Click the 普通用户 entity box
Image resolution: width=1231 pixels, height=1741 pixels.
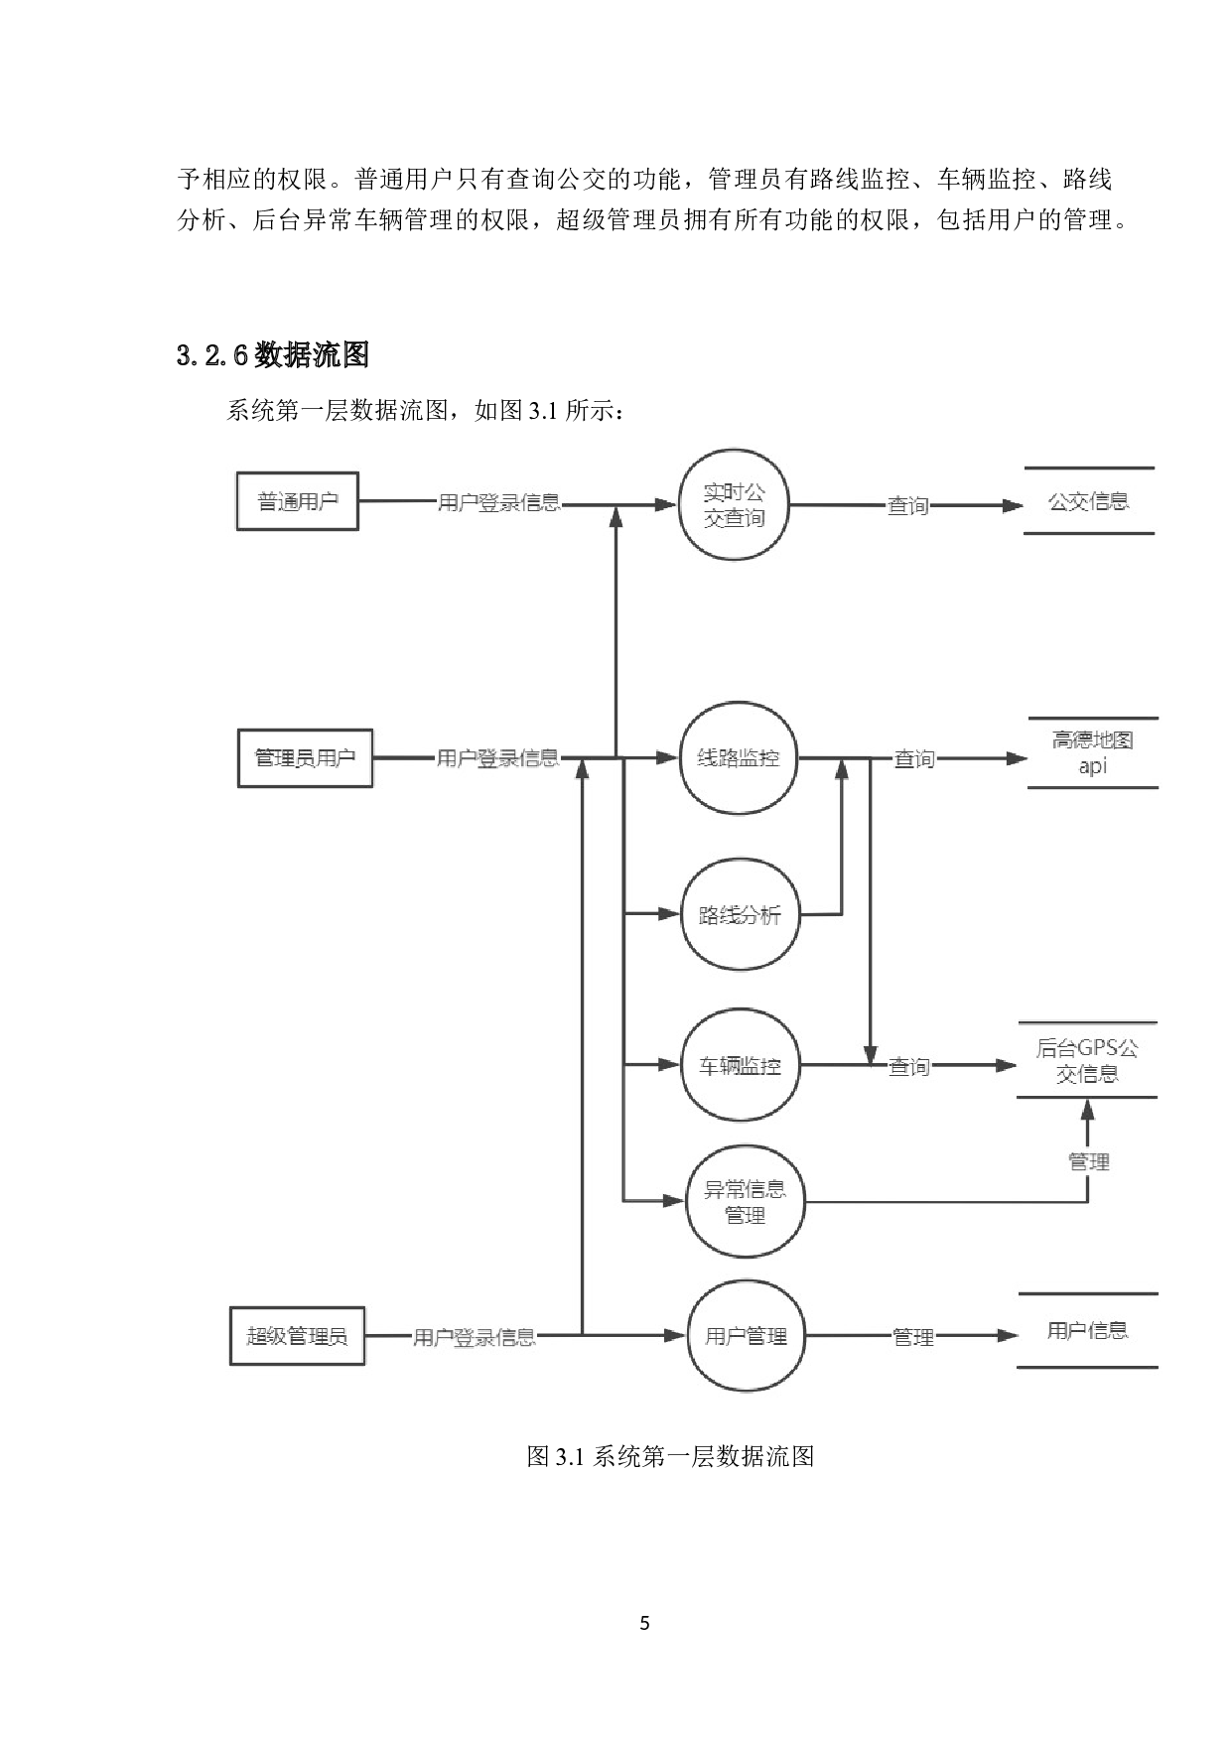tap(297, 501)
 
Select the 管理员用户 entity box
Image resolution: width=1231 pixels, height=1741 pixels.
tap(305, 758)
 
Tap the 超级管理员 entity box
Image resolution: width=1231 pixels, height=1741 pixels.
tap(297, 1336)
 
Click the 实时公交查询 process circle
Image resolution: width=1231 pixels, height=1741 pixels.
tap(734, 505)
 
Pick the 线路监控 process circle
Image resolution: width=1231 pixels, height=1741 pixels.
tap(739, 758)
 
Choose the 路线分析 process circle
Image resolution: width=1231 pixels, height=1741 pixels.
tap(740, 914)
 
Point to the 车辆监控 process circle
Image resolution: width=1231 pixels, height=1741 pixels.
tap(740, 1066)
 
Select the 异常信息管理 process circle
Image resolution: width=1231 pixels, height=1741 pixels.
tap(745, 1202)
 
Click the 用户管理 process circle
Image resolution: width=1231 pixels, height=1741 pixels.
tap(746, 1336)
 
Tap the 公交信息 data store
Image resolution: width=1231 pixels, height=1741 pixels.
tap(1089, 501)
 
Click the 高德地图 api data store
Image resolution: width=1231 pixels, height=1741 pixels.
tap(1092, 753)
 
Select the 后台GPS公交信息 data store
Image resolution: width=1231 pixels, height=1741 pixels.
tap(1087, 1060)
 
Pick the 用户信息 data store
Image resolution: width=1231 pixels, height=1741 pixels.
tap(1087, 1331)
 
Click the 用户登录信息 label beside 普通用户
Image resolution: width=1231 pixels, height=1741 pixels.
tap(499, 502)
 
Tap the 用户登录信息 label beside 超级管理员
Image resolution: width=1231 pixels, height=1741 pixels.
tap(475, 1337)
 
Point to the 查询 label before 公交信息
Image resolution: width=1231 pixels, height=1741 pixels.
tap(907, 506)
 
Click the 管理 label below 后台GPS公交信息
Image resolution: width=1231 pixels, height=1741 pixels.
tap(1088, 1161)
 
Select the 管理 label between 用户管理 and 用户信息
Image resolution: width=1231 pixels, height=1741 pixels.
tap(913, 1337)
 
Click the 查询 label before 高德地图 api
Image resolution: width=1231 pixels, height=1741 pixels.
tap(914, 759)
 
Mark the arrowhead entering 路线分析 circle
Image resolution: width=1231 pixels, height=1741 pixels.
tap(671, 914)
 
